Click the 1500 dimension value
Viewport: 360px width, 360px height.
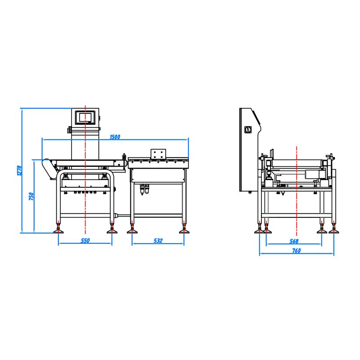(115, 137)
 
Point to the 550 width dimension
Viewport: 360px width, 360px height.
(85, 241)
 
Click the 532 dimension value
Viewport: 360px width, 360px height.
(158, 241)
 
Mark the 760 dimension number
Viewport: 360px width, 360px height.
(296, 251)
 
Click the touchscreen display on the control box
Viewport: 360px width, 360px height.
(85, 117)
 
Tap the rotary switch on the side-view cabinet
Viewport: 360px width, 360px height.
(247, 130)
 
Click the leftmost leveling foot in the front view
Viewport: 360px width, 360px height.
(58, 230)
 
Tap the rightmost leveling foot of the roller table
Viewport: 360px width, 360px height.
(184, 230)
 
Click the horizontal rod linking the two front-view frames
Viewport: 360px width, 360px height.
(122, 216)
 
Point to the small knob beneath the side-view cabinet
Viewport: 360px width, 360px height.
(250, 193)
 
